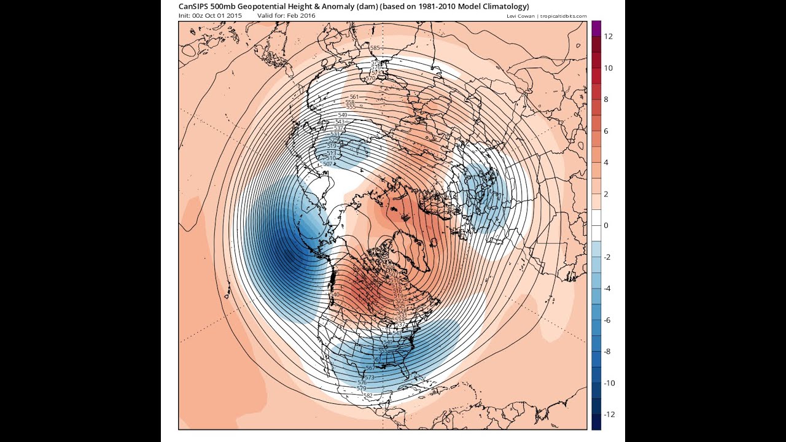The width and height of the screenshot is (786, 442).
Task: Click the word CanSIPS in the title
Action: (x=193, y=6)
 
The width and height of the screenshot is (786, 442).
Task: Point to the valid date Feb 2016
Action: (x=303, y=15)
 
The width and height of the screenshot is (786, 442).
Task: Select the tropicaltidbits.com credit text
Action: (x=564, y=16)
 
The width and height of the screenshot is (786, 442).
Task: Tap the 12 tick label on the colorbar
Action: (x=609, y=36)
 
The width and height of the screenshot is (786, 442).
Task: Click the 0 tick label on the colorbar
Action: (x=606, y=225)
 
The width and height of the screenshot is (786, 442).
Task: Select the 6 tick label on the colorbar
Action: (x=606, y=131)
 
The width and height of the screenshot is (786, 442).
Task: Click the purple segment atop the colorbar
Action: (x=596, y=25)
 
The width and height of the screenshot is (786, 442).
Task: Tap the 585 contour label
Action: (x=375, y=48)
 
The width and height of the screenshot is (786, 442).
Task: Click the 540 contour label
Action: (x=335, y=295)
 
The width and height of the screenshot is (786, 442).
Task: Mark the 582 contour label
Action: (x=368, y=395)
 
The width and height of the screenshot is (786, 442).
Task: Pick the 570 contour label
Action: (x=370, y=79)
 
